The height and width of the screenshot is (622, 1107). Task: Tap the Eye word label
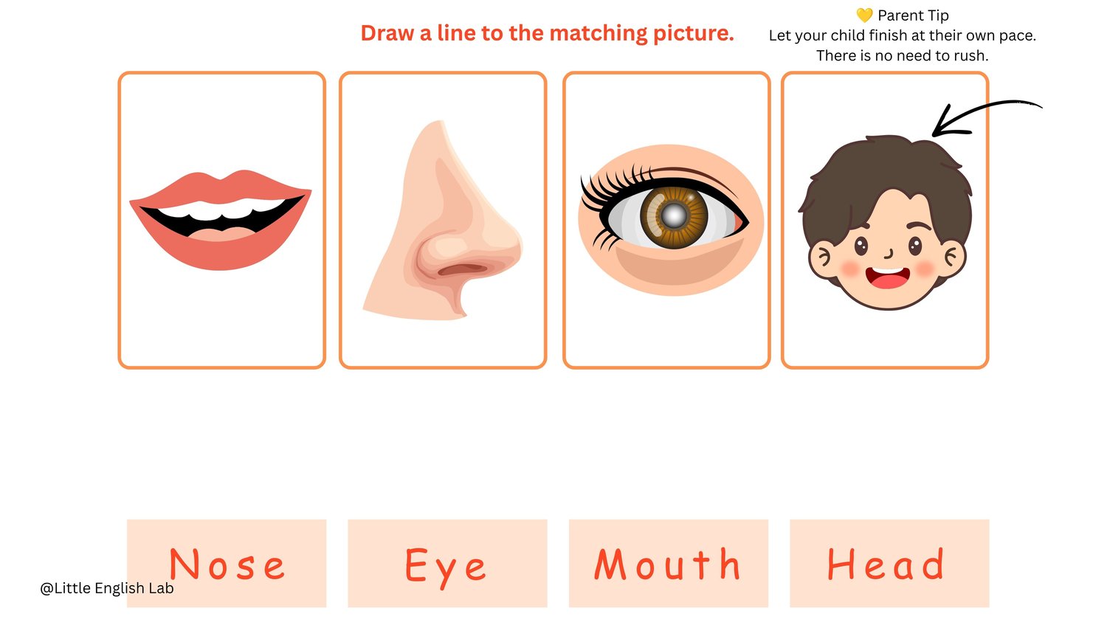[x=446, y=567]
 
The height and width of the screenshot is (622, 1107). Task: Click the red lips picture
[x=221, y=221]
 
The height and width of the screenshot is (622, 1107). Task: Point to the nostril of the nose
[x=462, y=269]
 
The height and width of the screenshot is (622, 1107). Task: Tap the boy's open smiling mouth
[x=888, y=277]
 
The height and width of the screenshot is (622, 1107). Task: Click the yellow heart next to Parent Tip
[x=864, y=15]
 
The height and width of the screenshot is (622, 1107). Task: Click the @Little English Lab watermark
[x=107, y=588]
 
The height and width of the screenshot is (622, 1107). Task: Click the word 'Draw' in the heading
[x=387, y=34]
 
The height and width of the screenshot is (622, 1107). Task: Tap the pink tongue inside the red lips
[x=221, y=234]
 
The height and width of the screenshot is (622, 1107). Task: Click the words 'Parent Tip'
[x=914, y=15]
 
